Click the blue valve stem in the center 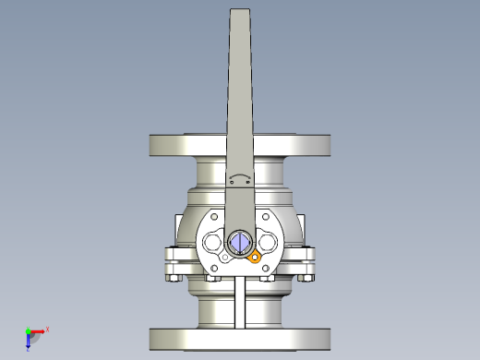[238, 243]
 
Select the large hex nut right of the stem [269, 243]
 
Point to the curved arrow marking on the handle [239, 178]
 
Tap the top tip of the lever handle [239, 12]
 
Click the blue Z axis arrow [29, 340]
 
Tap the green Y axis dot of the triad [28, 330]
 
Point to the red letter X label [47, 328]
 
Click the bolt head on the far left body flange [172, 275]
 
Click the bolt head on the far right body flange [306, 275]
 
